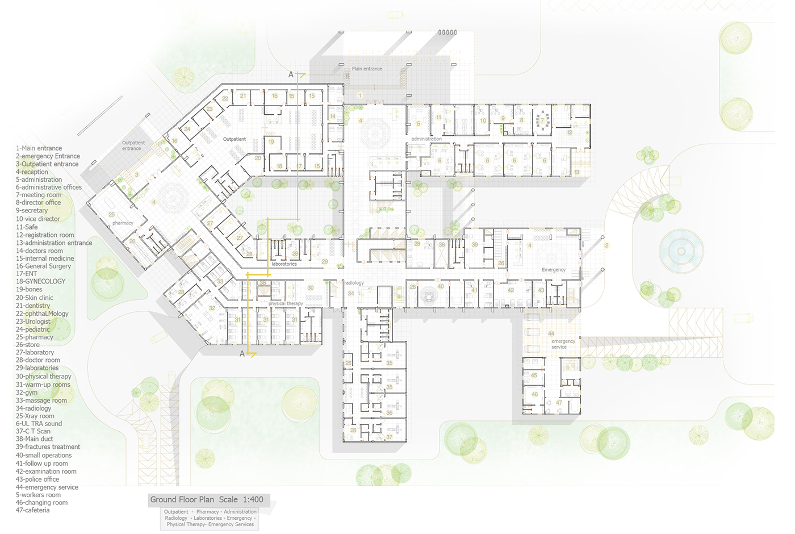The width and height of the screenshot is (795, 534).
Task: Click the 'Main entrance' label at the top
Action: (367, 69)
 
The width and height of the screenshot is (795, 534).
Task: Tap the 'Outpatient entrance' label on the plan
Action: (133, 146)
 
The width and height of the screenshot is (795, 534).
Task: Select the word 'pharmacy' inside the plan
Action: (123, 223)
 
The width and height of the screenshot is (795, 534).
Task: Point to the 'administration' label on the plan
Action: (426, 139)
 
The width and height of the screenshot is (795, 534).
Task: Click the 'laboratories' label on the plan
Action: (284, 264)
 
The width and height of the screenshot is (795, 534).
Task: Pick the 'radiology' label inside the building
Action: (354, 283)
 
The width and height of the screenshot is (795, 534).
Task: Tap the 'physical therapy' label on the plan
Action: (286, 304)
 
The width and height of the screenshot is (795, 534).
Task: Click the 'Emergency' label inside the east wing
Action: (553, 270)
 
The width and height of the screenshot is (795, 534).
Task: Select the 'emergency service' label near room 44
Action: (563, 344)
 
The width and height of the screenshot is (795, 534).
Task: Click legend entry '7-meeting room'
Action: (39, 195)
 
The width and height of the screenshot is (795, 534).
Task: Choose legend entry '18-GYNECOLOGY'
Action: (40, 281)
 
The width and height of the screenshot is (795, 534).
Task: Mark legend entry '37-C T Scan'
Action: (33, 431)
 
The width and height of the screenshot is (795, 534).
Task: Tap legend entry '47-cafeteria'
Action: (32, 510)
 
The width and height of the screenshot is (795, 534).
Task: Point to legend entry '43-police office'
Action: (37, 479)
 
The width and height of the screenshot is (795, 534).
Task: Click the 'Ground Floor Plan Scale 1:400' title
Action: (207, 500)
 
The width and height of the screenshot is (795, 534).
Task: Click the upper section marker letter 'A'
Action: (291, 74)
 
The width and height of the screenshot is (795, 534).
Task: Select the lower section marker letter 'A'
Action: (242, 354)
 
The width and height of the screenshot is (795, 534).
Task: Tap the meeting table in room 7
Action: (542, 121)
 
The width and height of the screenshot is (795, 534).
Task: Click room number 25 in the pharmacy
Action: (111, 215)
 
